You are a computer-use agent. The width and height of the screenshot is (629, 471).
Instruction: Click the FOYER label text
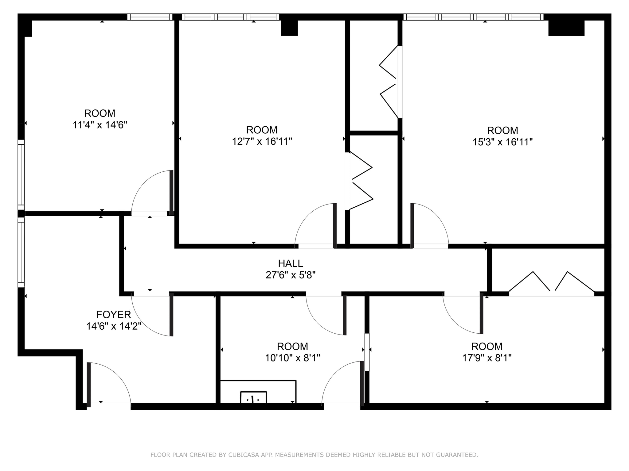click(114, 315)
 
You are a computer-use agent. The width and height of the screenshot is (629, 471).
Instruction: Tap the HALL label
click(290, 263)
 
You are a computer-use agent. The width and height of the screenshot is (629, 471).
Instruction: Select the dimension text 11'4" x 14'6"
click(100, 125)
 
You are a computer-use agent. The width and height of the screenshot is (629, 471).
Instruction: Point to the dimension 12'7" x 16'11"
click(262, 142)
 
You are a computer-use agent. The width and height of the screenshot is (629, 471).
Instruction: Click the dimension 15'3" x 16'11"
click(502, 142)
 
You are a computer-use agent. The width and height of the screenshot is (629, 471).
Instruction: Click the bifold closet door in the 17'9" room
click(551, 284)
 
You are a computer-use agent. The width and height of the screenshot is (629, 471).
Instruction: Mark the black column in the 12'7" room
click(289, 28)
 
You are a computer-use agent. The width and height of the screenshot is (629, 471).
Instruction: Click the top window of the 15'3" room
click(473, 17)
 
